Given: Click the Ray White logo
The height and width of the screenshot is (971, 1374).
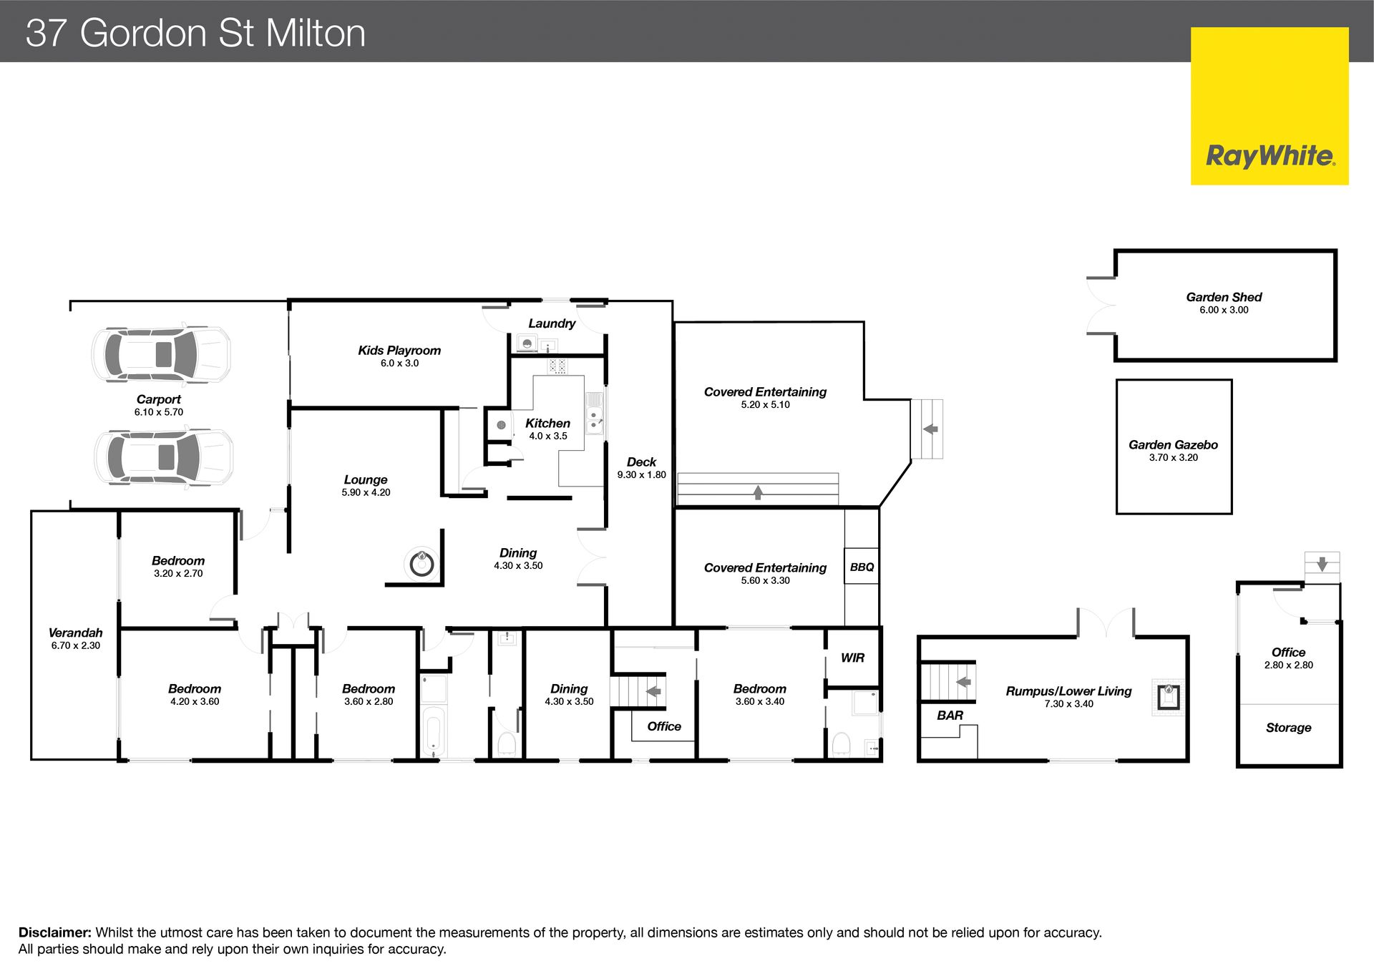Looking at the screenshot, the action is (1270, 106).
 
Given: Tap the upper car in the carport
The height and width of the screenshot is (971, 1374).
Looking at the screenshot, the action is (161, 353).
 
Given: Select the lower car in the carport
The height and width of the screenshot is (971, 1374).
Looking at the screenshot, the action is (164, 457).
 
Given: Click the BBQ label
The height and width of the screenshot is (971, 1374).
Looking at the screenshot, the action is (862, 567).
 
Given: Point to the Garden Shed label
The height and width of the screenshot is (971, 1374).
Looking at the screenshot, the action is (1224, 297).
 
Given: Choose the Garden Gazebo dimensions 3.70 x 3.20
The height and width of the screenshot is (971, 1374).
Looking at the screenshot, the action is (1173, 458).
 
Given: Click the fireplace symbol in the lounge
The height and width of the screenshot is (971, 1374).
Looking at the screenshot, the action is (422, 564).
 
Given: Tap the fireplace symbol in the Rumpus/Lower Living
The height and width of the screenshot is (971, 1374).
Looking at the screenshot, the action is (1168, 696).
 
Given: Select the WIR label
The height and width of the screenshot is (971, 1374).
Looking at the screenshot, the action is (852, 658).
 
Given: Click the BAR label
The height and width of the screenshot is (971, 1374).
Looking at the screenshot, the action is (950, 715).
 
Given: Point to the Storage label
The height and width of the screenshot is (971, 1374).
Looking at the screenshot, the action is (1288, 728).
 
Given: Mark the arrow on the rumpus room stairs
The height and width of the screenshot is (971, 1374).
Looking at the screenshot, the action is (964, 682).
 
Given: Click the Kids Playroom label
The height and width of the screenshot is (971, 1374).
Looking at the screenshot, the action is (399, 351).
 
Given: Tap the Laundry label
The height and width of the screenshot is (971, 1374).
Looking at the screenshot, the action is (552, 323).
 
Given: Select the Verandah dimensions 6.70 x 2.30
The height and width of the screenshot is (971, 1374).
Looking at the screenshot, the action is (75, 645).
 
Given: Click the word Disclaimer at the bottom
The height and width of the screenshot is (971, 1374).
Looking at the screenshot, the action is (55, 932).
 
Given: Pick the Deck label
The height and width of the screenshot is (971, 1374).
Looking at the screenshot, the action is (641, 462).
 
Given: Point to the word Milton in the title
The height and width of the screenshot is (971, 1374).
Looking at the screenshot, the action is (316, 33).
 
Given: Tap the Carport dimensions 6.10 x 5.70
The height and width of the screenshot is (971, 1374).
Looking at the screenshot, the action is (158, 412).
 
